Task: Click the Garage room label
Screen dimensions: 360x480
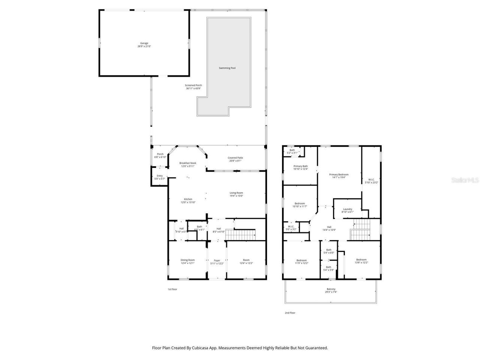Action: pos(144,43)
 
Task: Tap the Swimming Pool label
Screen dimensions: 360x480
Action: pos(227,68)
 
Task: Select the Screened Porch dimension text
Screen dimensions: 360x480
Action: pos(193,88)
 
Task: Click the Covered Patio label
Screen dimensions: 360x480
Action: pos(235,158)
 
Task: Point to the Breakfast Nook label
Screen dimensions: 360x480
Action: pos(187,163)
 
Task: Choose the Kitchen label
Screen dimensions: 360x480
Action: pos(188,199)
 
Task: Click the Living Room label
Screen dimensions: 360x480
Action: pos(236,193)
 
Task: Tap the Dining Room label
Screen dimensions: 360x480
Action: pos(187,260)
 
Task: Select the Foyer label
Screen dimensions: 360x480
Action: pos(217,260)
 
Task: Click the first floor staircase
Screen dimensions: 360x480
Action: pos(242,235)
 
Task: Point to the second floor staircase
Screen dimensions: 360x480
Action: pos(360,229)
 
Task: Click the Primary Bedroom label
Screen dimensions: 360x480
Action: pos(339,174)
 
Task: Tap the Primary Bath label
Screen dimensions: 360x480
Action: pos(300,166)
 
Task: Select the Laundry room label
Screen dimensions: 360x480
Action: pos(347,209)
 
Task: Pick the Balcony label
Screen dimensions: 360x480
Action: pos(331,289)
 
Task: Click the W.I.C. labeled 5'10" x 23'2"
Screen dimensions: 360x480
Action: pos(371,180)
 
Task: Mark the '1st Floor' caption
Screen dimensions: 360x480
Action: pos(172,289)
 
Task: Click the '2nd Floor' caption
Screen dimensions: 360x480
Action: pos(290,312)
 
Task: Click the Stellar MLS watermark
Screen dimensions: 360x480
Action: pos(465,180)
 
